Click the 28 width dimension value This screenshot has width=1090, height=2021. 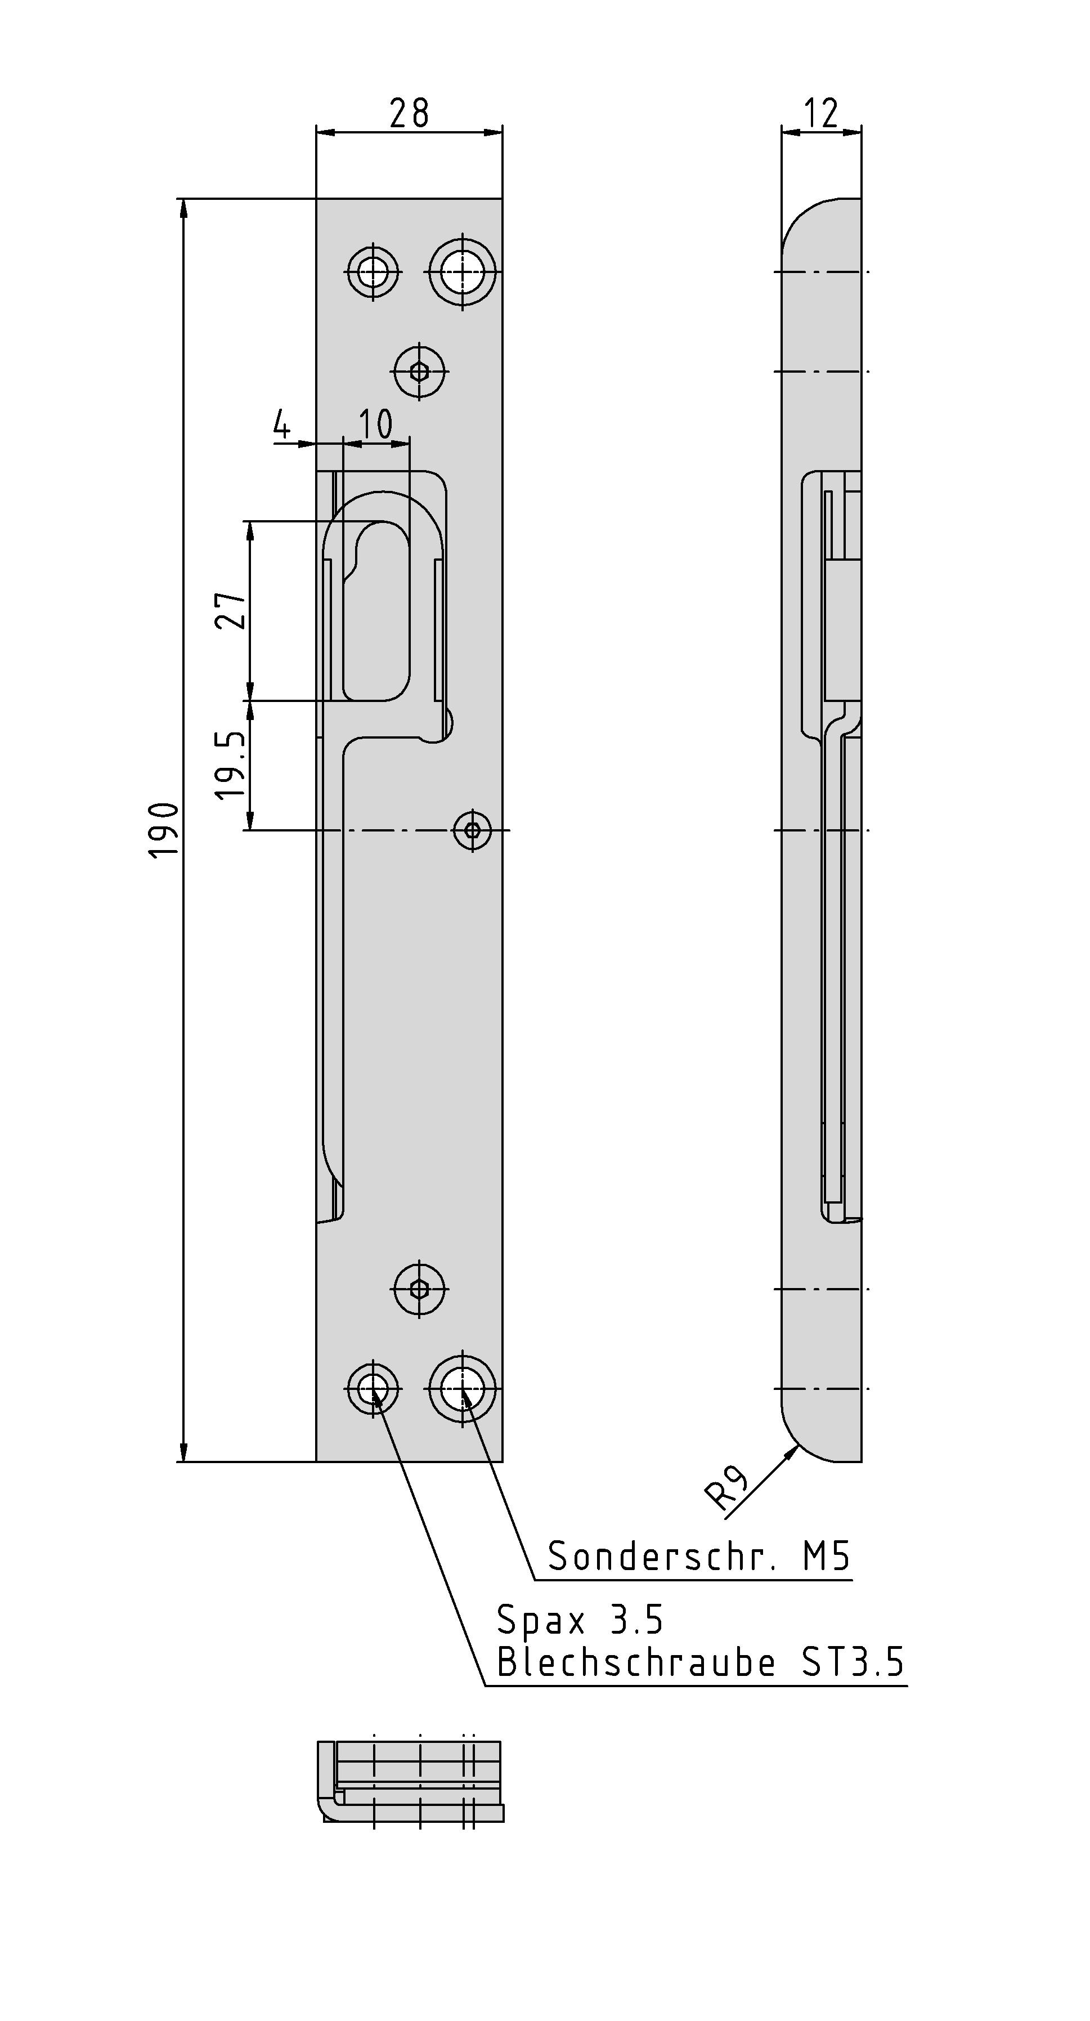(409, 114)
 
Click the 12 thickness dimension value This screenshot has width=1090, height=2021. (821, 114)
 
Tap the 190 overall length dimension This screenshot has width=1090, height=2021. (165, 830)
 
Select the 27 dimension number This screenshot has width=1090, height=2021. (231, 610)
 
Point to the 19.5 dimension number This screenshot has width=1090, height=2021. (231, 766)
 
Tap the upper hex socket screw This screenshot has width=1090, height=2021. (420, 371)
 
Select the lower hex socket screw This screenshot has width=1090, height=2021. (420, 1289)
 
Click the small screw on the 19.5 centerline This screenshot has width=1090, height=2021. (472, 829)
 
